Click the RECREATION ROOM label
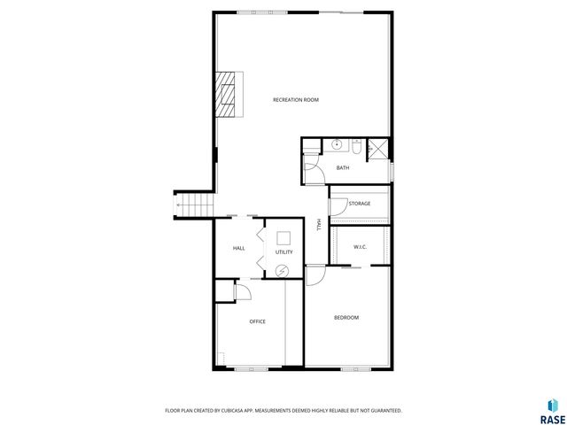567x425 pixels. point(296,100)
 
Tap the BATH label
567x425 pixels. point(342,167)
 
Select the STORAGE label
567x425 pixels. point(359,204)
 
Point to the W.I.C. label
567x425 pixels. point(361,246)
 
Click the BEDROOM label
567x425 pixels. point(346,317)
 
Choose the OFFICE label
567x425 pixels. point(257,321)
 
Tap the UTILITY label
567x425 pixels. point(283,252)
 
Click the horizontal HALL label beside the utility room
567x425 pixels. point(238,248)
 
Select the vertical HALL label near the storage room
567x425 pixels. point(319,225)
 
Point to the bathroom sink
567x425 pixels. point(337,143)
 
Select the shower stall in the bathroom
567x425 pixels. point(378,149)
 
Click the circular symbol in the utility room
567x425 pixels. point(283,271)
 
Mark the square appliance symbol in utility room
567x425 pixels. point(283,237)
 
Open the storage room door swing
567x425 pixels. point(338,206)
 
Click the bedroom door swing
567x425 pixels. point(316,274)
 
